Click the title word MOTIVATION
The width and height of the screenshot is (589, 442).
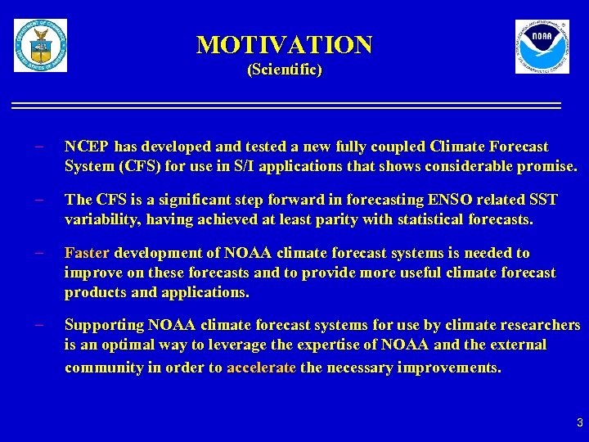[284, 44]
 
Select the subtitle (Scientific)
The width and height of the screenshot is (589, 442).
[284, 70]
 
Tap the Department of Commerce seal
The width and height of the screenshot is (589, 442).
[40, 46]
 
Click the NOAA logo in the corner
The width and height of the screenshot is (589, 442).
[542, 47]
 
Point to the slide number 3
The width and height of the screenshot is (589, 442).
[579, 423]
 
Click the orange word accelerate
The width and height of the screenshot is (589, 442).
[262, 368]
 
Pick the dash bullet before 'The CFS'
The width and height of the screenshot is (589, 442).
[38, 200]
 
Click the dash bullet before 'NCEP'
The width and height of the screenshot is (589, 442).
[38, 147]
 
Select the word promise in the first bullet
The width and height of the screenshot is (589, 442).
[548, 166]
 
